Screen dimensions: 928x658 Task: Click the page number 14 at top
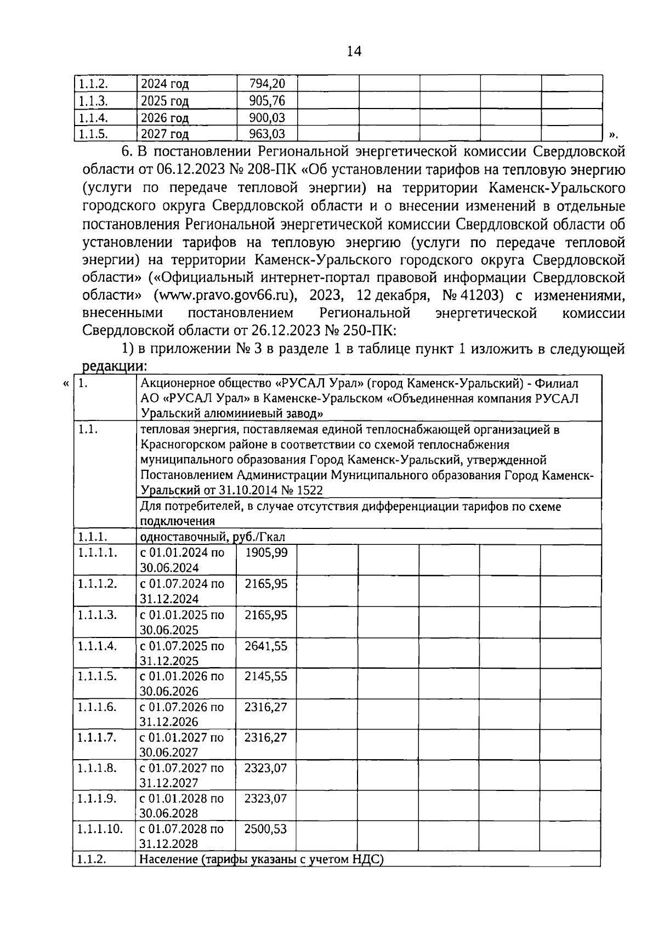click(354, 52)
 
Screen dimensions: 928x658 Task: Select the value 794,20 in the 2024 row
click(267, 84)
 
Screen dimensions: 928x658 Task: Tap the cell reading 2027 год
click(164, 134)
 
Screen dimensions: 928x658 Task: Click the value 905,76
click(267, 101)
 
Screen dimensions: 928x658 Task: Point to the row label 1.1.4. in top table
click(93, 118)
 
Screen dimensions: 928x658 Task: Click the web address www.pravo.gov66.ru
click(225, 295)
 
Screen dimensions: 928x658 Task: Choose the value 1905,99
click(266, 553)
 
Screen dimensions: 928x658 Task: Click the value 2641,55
click(266, 646)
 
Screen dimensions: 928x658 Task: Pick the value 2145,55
click(266, 676)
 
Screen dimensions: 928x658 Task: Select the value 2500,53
click(266, 829)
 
